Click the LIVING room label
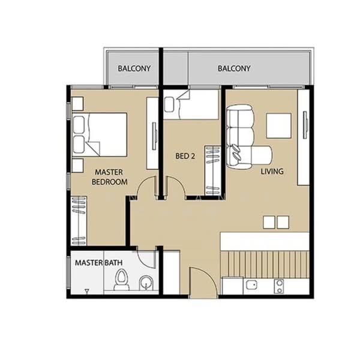272,172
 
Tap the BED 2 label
185,156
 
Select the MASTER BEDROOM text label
110,177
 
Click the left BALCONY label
134,68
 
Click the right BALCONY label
234,68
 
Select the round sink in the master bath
146,282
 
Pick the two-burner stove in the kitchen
279,286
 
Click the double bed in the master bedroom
100,134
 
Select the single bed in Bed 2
192,106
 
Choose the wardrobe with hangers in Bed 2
212,170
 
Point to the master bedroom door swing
146,189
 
